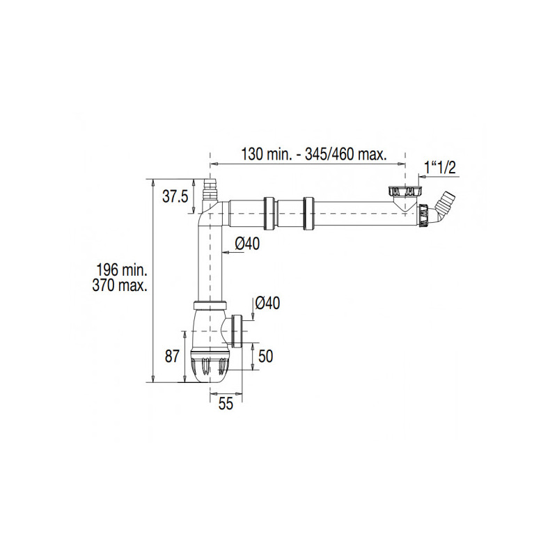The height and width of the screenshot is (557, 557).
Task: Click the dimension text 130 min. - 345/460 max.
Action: click(x=313, y=153)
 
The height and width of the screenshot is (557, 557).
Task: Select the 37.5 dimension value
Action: click(x=175, y=196)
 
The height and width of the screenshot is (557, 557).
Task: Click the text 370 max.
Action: click(x=123, y=285)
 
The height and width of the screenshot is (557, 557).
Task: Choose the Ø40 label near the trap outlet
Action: click(x=267, y=303)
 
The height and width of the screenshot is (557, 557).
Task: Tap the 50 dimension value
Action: click(x=265, y=356)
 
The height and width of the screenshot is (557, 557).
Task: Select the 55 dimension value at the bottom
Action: click(x=225, y=405)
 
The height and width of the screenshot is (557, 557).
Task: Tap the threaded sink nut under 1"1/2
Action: click(x=401, y=190)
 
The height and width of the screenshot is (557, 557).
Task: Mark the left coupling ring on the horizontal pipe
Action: click(x=268, y=212)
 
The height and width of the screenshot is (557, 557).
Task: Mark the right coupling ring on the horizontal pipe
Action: click(x=309, y=212)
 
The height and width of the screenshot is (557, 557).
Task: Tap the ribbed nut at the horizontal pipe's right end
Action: click(x=423, y=214)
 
